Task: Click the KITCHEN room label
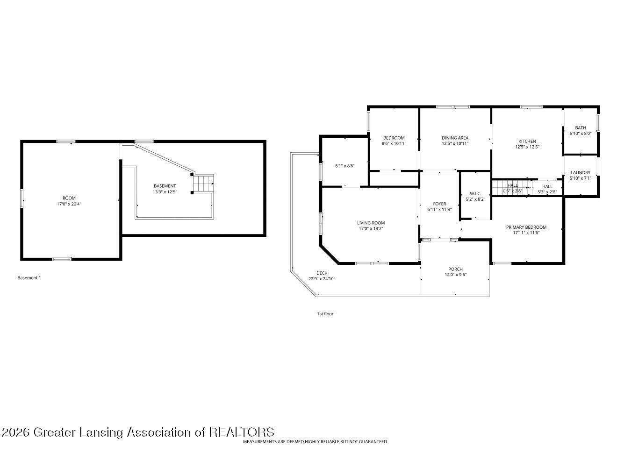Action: pyautogui.click(x=527, y=141)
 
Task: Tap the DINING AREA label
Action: pyautogui.click(x=455, y=138)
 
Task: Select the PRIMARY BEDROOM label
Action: pyautogui.click(x=526, y=227)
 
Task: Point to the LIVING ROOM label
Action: pyautogui.click(x=371, y=223)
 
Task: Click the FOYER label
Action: pyautogui.click(x=439, y=204)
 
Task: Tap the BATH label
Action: pyautogui.click(x=580, y=127)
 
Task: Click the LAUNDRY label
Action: pyautogui.click(x=580, y=172)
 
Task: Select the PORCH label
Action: pyautogui.click(x=455, y=269)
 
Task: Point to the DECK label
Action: pyautogui.click(x=322, y=273)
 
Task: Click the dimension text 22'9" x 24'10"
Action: pyautogui.click(x=322, y=279)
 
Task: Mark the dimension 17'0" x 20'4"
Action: pyautogui.click(x=69, y=204)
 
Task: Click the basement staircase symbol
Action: pyautogui.click(x=203, y=183)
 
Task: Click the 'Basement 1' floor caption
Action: pyautogui.click(x=29, y=278)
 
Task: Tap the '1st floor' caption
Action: pyautogui.click(x=325, y=314)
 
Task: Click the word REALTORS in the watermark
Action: pyautogui.click(x=242, y=432)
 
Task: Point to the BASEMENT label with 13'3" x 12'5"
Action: pyautogui.click(x=165, y=186)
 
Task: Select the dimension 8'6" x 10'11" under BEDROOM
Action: pyautogui.click(x=394, y=143)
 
